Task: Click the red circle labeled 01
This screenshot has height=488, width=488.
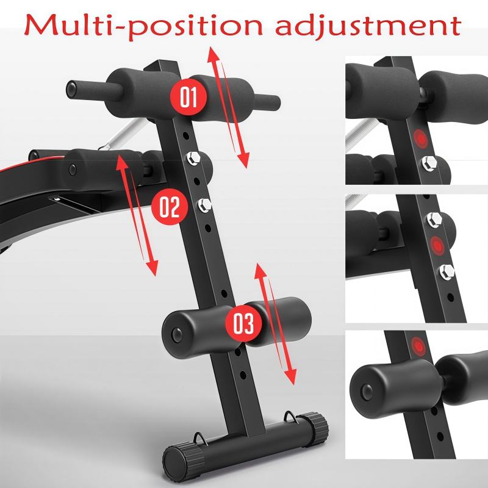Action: [188, 97]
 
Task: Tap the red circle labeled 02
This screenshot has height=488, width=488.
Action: [170, 206]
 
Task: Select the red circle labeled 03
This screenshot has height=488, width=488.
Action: [243, 323]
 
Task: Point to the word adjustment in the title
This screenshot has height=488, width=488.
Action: [368, 25]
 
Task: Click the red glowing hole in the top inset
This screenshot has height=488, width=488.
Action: [420, 138]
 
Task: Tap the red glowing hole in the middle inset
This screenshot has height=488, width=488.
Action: [437, 246]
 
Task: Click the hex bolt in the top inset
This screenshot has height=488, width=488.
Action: [429, 163]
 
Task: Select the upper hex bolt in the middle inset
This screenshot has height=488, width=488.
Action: [434, 220]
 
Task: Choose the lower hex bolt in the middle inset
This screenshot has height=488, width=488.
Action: [447, 272]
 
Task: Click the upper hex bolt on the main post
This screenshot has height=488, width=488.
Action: [193, 159]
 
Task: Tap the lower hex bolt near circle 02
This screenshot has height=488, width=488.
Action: [204, 206]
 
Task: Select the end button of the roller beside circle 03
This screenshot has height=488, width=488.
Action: [176, 334]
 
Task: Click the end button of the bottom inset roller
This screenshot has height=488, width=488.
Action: [367, 390]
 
